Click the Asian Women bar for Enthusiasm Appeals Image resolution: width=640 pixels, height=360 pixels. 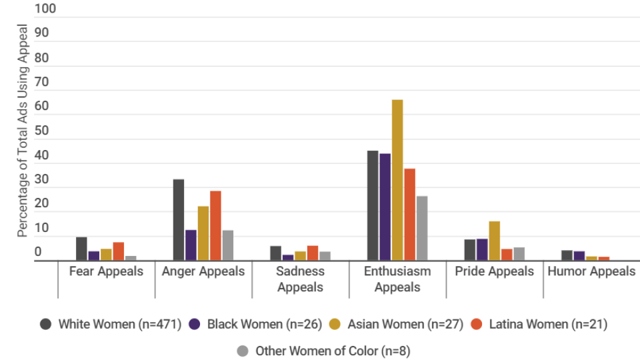pyautogui.click(x=397, y=180)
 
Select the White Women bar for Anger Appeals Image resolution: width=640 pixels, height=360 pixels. pyautogui.click(x=179, y=220)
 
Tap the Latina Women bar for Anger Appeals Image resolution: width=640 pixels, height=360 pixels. pyautogui.click(x=215, y=226)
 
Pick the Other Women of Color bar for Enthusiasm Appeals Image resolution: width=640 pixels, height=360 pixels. pyautogui.click(x=421, y=228)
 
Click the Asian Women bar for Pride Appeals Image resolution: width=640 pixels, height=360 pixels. pyautogui.click(x=494, y=241)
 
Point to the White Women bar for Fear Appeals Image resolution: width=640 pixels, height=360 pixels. pyautogui.click(x=81, y=249)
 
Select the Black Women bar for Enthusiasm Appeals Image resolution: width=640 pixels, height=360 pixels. pyautogui.click(x=385, y=207)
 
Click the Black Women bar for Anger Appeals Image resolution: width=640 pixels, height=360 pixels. pyautogui.click(x=191, y=245)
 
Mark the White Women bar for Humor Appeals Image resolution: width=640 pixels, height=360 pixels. pyautogui.click(x=567, y=255)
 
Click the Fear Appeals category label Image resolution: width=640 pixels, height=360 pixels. pyautogui.click(x=106, y=271)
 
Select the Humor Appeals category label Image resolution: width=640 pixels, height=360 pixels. pyautogui.click(x=591, y=271)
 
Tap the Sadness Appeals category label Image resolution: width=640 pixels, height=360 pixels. pyautogui.click(x=300, y=279)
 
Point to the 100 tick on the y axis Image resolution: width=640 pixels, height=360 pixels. pyautogui.click(x=46, y=9)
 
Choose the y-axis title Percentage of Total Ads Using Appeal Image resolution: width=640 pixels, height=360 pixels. pyautogui.click(x=23, y=131)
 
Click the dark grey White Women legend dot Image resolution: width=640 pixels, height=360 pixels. pyautogui.click(x=46, y=325)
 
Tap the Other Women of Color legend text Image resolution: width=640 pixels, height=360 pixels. pyautogui.click(x=333, y=351)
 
